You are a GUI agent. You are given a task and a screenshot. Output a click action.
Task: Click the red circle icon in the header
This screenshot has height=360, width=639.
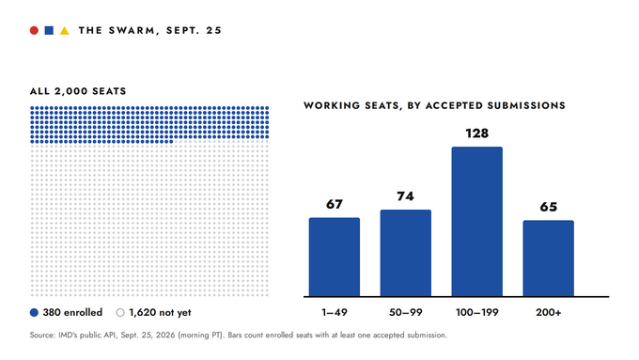pos(34,31)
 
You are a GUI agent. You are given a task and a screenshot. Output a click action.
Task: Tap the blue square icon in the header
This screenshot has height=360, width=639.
pos(49,31)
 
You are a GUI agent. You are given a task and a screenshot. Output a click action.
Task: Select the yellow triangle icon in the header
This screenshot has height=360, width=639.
pos(65,31)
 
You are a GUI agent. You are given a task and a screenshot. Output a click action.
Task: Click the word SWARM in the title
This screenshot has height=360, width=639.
pos(132,31)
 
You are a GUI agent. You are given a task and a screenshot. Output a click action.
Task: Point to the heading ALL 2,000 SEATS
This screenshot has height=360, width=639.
pos(78,91)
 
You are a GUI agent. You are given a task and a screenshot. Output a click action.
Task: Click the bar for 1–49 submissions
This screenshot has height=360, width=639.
pos(335,257)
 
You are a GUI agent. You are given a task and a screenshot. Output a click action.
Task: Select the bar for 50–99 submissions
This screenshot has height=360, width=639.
pos(406,253)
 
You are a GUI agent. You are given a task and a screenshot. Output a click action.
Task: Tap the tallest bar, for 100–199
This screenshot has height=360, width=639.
pos(476,222)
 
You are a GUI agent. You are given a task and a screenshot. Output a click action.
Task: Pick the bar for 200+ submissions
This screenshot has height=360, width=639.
pos(549,258)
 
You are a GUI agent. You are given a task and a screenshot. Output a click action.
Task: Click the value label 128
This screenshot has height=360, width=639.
pos(476,133)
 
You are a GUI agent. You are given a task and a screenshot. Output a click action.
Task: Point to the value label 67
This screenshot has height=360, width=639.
pos(335,204)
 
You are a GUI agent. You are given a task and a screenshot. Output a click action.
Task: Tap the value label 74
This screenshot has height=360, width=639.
pos(406,196)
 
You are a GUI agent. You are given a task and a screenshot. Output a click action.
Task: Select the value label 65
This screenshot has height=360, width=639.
pos(549,207)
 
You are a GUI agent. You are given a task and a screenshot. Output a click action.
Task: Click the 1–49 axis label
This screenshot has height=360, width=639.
pos(335,313)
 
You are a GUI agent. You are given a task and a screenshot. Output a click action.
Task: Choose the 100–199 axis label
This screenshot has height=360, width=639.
pos(476,313)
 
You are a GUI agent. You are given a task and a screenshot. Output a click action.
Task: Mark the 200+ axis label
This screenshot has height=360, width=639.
pos(549,313)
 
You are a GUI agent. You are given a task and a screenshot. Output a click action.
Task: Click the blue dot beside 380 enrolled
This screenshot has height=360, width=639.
pos(34,313)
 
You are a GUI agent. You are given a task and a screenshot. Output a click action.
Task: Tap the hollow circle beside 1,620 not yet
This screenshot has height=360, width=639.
pos(120,313)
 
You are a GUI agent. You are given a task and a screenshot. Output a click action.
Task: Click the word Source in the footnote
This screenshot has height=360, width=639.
pos(42,336)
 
